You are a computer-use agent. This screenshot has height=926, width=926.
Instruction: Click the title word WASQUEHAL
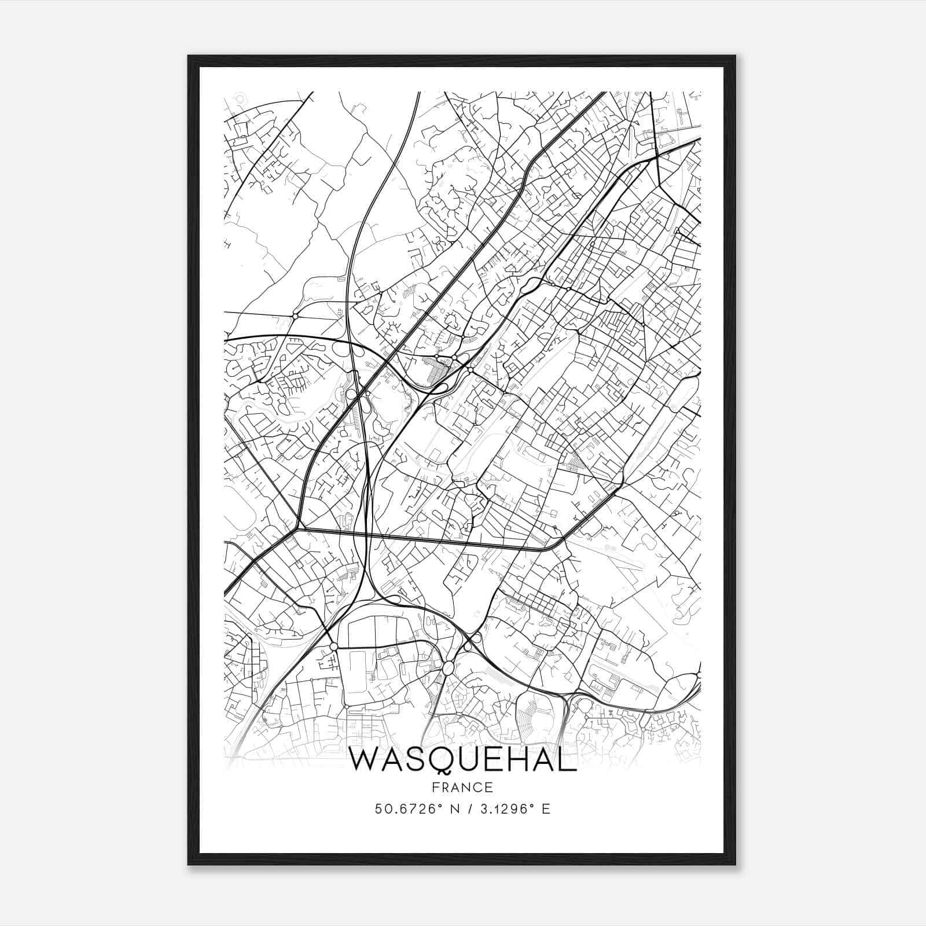point(463,760)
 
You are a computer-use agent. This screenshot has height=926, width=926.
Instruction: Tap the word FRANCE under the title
point(463,787)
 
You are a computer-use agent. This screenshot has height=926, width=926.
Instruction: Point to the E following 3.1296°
point(546,809)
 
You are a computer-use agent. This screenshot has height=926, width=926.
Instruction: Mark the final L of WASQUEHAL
point(569,760)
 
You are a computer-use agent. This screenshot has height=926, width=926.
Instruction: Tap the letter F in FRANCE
point(436,787)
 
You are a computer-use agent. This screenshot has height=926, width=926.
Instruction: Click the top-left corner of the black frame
point(189,57)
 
